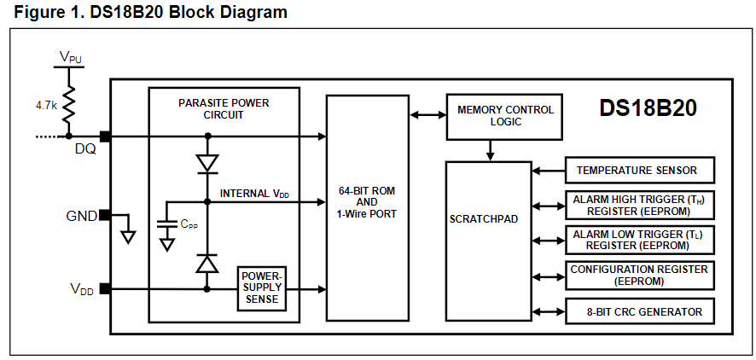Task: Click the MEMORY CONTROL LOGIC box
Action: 505,116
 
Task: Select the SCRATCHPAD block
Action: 484,219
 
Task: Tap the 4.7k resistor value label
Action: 47,107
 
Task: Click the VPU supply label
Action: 71,57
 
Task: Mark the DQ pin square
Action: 105,136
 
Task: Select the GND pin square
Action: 105,215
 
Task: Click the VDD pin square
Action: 105,288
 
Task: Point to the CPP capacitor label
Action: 189,224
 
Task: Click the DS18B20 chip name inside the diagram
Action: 648,108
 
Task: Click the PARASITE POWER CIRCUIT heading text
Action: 224,108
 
